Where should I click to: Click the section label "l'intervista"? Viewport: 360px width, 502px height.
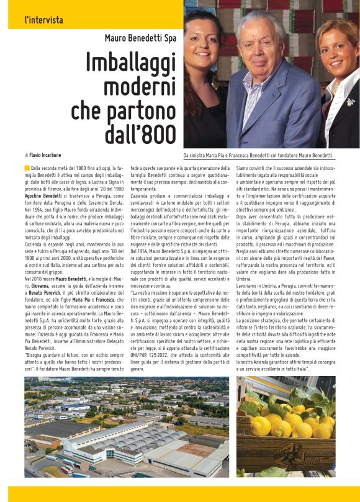tap(44, 20)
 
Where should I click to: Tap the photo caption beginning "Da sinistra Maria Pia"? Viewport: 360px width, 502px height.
tap(258, 155)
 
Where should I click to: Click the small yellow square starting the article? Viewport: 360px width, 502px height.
tap(27, 168)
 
